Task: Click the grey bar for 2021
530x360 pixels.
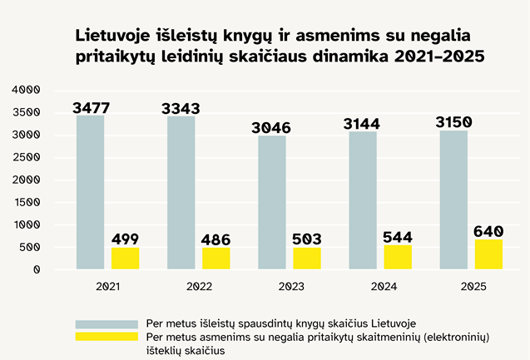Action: click(x=90, y=193)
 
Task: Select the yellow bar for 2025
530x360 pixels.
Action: click(x=488, y=254)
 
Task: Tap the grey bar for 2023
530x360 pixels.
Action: click(x=271, y=203)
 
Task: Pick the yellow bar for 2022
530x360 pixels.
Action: click(x=215, y=259)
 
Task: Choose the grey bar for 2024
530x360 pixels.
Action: click(x=363, y=200)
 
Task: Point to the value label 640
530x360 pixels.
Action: click(x=488, y=230)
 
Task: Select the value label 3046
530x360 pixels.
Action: click(x=272, y=128)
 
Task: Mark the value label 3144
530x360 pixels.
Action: click(x=363, y=125)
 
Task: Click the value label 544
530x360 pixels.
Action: click(x=398, y=236)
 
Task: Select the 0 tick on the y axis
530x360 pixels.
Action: click(x=37, y=269)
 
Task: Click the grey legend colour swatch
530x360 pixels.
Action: click(x=106, y=323)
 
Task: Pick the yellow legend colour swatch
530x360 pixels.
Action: click(x=106, y=337)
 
